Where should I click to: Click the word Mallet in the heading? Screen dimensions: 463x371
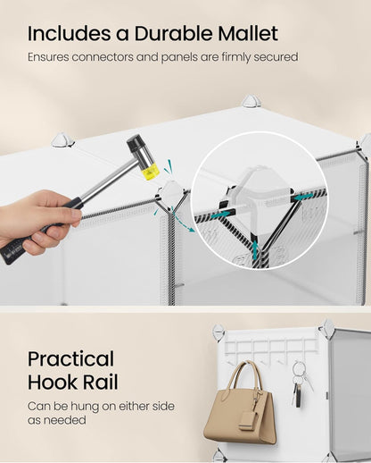tap(242, 34)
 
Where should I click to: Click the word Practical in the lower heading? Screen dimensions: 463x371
tap(70, 359)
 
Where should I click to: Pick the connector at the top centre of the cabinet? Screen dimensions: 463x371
tap(250, 102)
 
